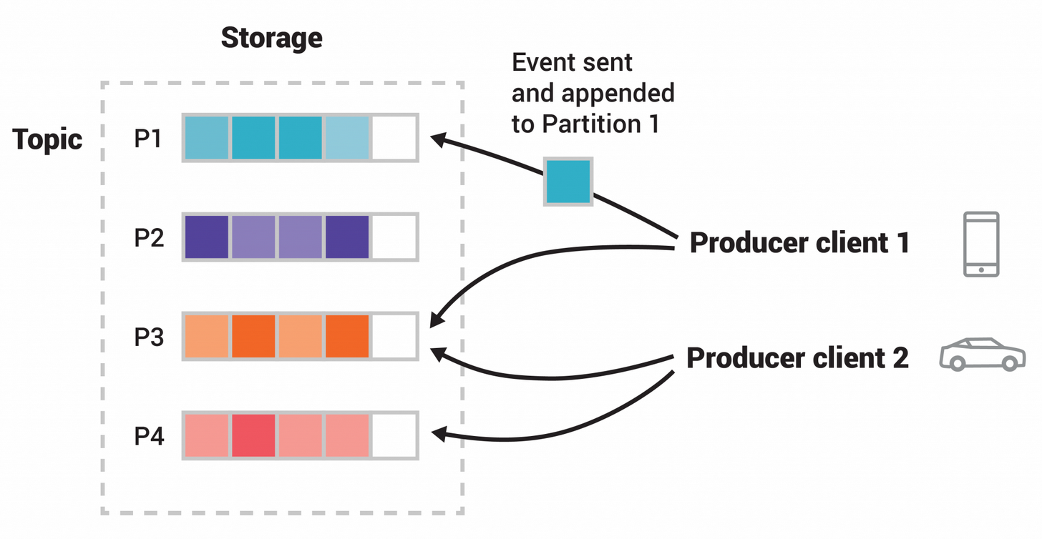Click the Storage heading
271,38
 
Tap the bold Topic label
48,139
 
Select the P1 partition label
149,138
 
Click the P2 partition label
149,237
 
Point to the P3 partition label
149,337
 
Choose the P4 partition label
149,435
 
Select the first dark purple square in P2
207,237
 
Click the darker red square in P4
253,435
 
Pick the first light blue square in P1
207,138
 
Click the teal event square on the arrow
568,182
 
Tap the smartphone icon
980,244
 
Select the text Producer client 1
799,243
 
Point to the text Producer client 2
797,357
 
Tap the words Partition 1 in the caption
600,124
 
